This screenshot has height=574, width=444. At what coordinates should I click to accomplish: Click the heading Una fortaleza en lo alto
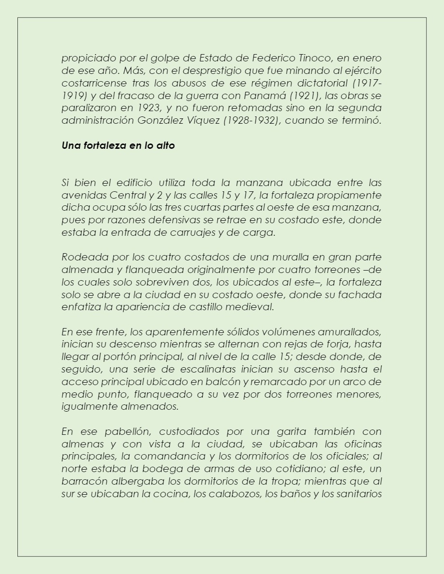[118, 145]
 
